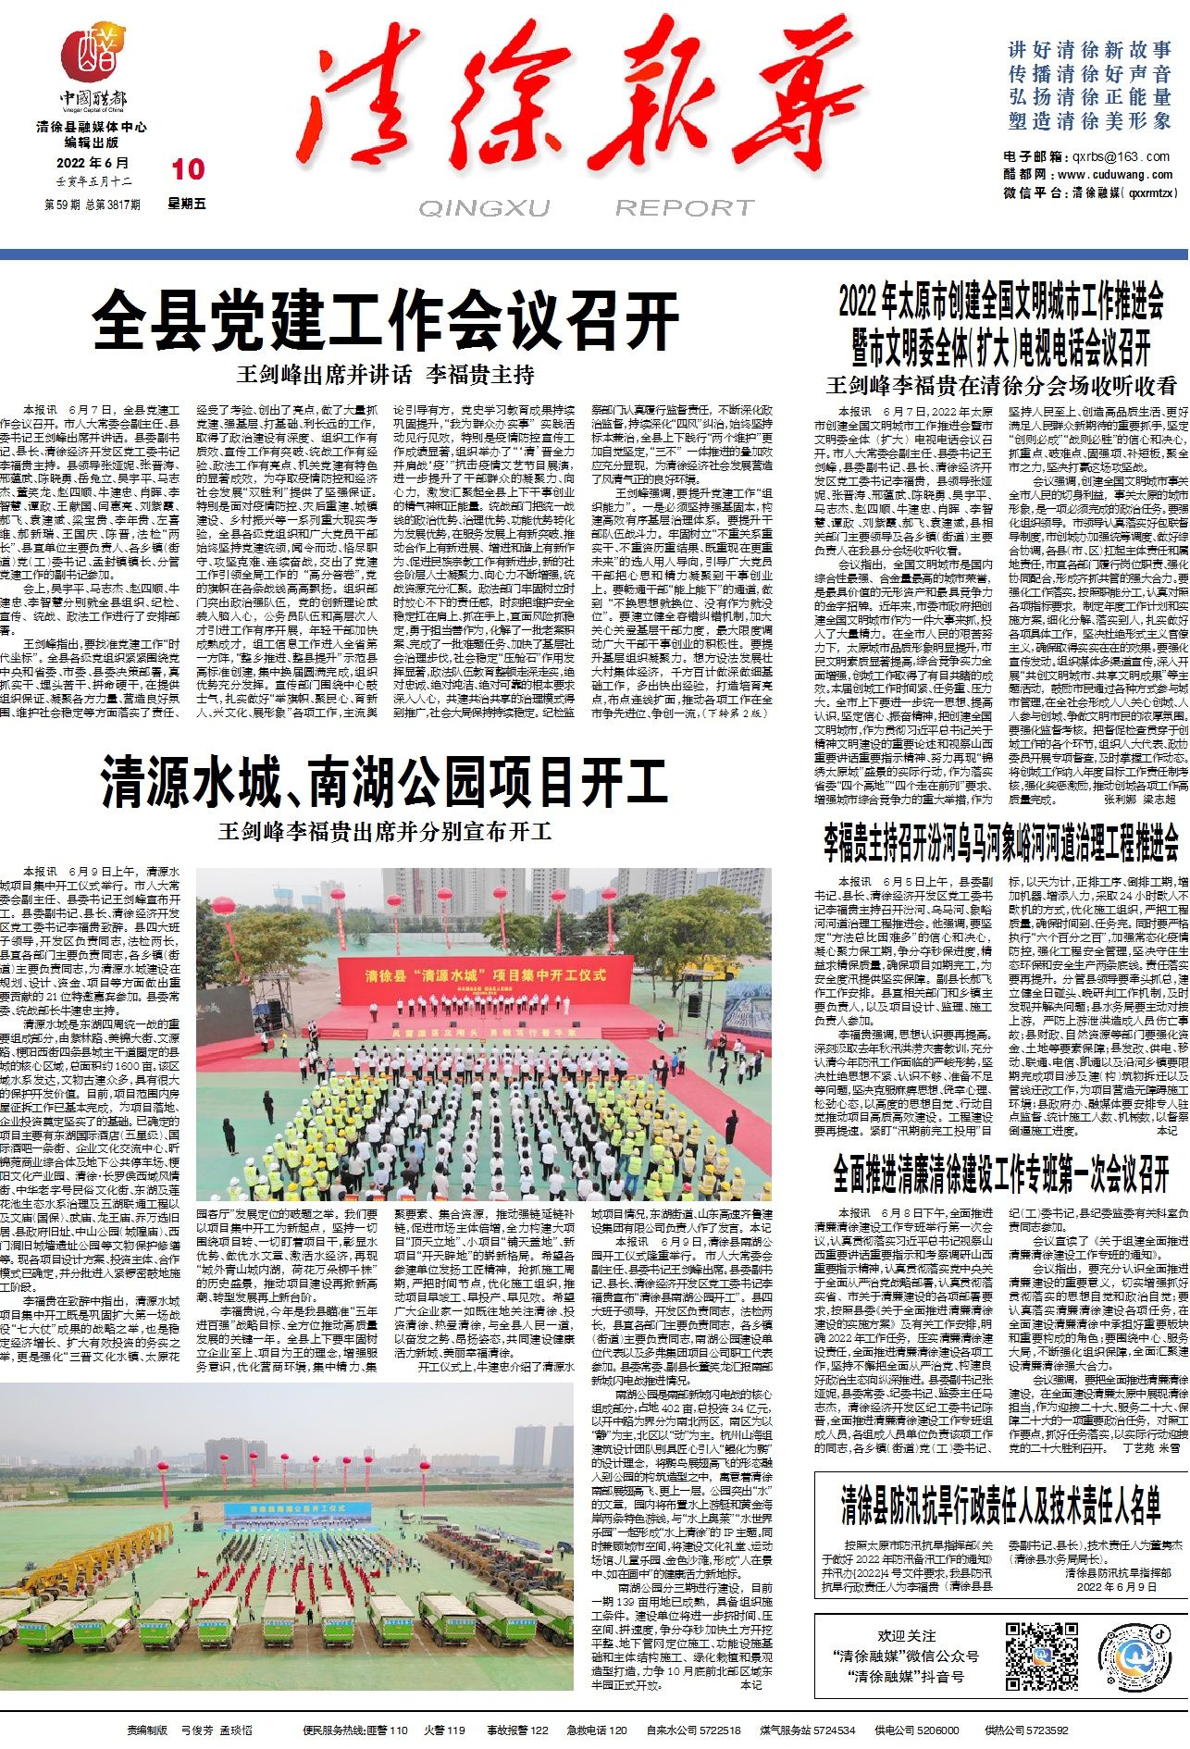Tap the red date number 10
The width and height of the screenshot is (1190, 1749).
[188, 168]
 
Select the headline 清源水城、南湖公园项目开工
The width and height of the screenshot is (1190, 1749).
[384, 783]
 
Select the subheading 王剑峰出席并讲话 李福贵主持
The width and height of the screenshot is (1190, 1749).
[386, 375]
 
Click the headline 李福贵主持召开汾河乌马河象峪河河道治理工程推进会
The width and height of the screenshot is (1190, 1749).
[1001, 842]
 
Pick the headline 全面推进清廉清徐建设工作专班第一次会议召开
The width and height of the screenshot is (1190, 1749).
[1001, 1175]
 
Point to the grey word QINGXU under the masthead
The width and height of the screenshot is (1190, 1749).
[484, 209]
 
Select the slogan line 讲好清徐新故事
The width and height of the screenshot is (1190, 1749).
[1090, 50]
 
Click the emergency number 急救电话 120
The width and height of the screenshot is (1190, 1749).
[597, 1730]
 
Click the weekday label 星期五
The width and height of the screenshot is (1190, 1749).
[187, 204]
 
